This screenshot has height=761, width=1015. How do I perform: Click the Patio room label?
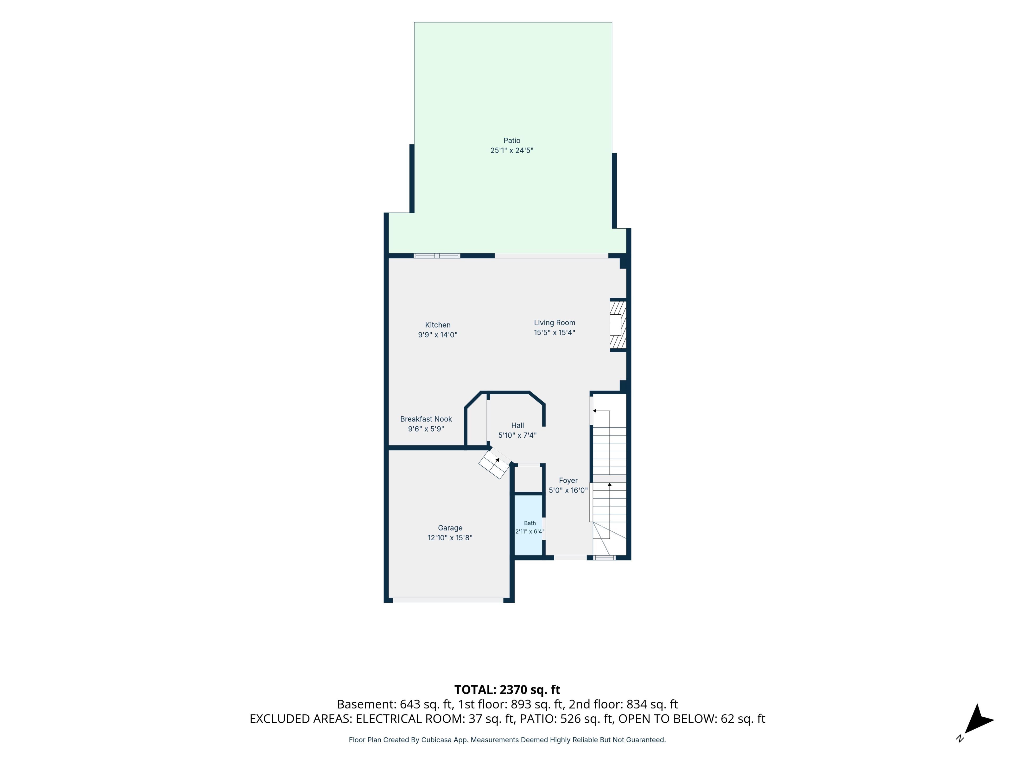[x=512, y=140]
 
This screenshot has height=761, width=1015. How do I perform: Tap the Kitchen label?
[x=438, y=325]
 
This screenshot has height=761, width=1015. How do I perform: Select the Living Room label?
[x=554, y=322]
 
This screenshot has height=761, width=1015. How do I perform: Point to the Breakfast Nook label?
[x=426, y=419]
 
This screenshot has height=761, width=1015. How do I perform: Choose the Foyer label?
[x=568, y=480]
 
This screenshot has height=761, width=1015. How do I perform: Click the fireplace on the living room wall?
[x=618, y=325]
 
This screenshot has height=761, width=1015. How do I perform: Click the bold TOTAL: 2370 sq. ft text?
[x=507, y=689]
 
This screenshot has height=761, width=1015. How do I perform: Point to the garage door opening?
[x=448, y=600]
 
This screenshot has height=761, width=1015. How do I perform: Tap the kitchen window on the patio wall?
[x=437, y=256]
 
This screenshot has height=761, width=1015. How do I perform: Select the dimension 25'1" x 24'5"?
[x=512, y=150]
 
